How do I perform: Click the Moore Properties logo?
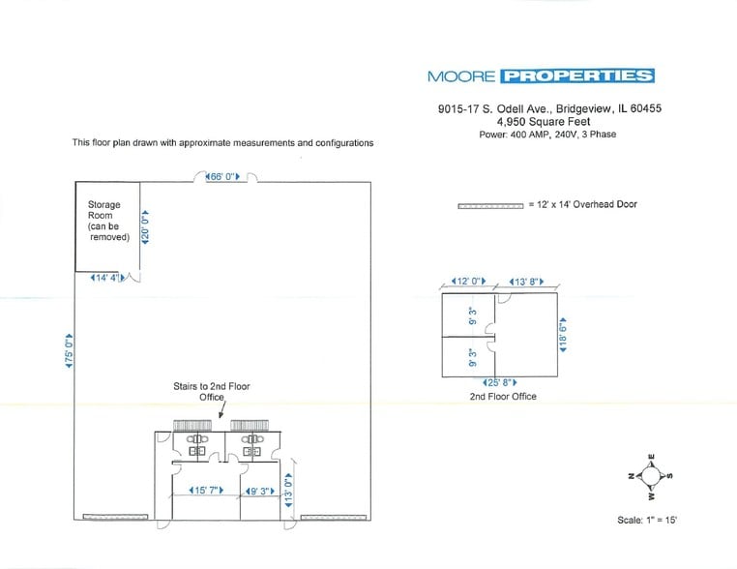pyautogui.click(x=540, y=76)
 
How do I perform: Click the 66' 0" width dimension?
pyautogui.click(x=223, y=176)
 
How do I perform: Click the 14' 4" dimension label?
pyautogui.click(x=107, y=279)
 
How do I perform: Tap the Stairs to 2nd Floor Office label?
pyautogui.click(x=211, y=391)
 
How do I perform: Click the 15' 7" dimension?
pyautogui.click(x=207, y=491)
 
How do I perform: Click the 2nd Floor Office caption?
pyautogui.click(x=503, y=397)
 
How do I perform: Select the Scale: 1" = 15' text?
pyautogui.click(x=647, y=521)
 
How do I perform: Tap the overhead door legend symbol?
pyautogui.click(x=489, y=205)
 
